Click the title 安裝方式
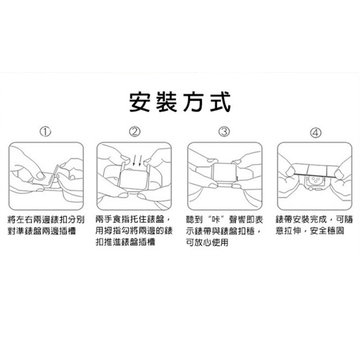pyautogui.click(x=180, y=102)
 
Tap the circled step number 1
pyautogui.click(x=45, y=132)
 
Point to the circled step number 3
pyautogui.click(x=224, y=132)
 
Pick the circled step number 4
pyautogui.click(x=316, y=133)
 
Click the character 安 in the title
pyautogui.click(x=140, y=102)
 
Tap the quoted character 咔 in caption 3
pyautogui.click(x=216, y=220)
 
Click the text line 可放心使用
pyautogui.click(x=207, y=242)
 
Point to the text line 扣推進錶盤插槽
pyautogui.click(x=125, y=242)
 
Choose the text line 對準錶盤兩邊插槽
pyautogui.click(x=42, y=231)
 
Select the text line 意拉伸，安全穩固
pyautogui.click(x=310, y=231)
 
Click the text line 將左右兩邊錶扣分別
pyautogui.click(x=46, y=220)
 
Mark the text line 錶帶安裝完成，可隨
pyautogui.click(x=314, y=220)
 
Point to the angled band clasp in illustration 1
pyautogui.click(x=54, y=176)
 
